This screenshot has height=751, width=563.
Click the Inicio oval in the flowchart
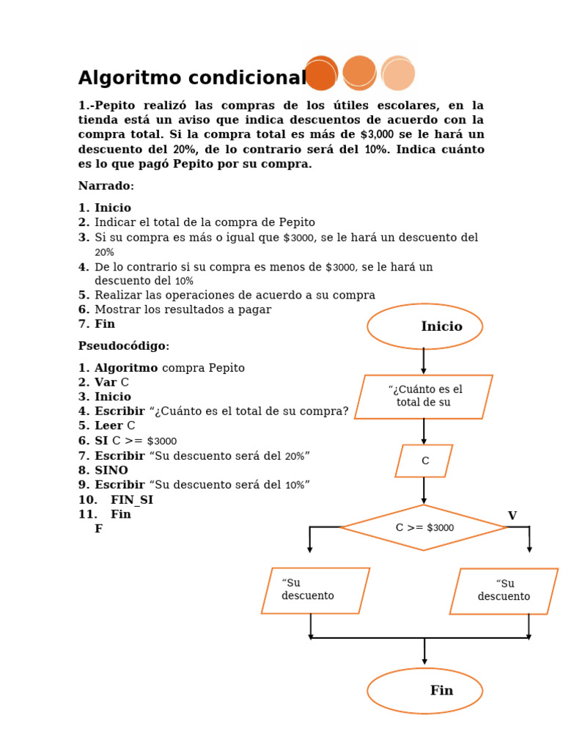coord(424,326)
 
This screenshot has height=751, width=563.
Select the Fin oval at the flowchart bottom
coord(424,690)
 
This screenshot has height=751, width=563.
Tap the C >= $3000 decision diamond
coord(424,527)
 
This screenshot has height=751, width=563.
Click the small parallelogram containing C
coord(424,461)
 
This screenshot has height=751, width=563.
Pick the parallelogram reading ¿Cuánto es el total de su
coord(424,397)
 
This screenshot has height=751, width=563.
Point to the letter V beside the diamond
coord(512,516)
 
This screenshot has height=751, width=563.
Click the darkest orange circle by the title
coord(321,73)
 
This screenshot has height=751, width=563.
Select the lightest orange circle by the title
coord(398,73)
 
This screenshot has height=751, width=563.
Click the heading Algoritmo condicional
coord(192,78)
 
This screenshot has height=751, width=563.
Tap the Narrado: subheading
coord(106,186)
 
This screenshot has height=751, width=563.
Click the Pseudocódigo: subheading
coord(124,346)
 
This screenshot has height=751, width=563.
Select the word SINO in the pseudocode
coord(111,470)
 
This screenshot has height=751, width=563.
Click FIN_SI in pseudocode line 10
coord(132,499)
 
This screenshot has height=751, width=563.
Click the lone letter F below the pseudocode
coord(98,529)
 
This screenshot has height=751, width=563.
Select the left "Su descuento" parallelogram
coord(315,590)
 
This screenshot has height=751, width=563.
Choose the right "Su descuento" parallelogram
coord(504,590)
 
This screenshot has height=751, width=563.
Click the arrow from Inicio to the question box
coord(424,362)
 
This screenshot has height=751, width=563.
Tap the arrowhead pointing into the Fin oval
coord(424,662)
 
